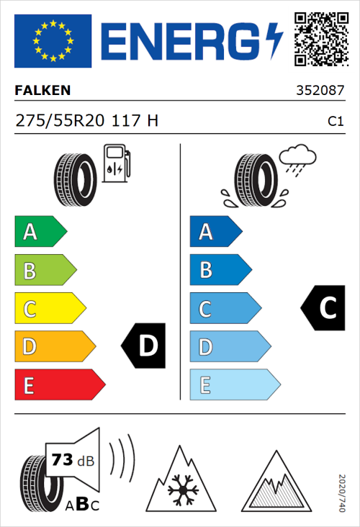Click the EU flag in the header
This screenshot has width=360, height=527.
coord(53,41)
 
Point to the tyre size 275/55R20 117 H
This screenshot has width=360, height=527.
coord(87,121)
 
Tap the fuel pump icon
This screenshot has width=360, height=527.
coord(115,163)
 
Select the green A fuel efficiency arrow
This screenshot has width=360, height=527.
coord(40,232)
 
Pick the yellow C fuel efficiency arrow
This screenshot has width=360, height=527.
coord(50,309)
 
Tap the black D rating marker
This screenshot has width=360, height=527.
coord(143,346)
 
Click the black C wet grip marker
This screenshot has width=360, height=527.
coord(323,308)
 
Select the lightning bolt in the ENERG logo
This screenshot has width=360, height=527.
coord(275,41)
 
